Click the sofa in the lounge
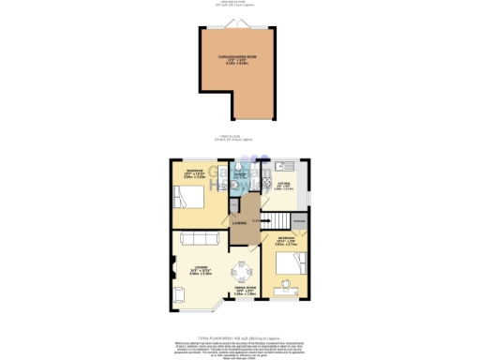[x=197, y=237]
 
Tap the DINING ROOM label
[x=246, y=292]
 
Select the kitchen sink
[x=288, y=167]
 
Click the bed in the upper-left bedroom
[x=184, y=197]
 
